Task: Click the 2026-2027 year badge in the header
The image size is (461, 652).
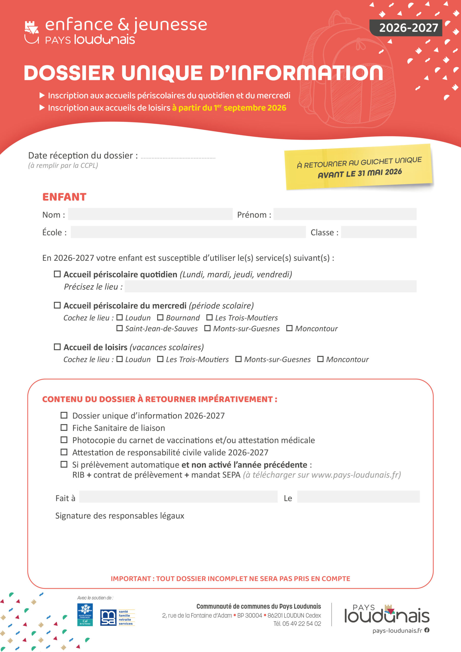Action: (x=406, y=28)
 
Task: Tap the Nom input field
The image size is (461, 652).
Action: (x=150, y=214)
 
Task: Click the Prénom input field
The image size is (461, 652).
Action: (x=345, y=214)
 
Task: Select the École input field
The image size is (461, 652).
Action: (x=188, y=232)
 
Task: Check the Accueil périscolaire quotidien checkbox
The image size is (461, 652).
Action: (x=57, y=274)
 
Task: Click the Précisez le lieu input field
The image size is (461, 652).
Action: (x=270, y=286)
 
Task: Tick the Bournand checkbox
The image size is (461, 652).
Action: (x=160, y=318)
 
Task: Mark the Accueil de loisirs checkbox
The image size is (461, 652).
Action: (x=57, y=347)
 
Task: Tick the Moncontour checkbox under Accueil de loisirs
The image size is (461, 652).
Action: (x=320, y=359)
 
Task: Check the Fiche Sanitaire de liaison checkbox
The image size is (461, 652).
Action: (x=64, y=428)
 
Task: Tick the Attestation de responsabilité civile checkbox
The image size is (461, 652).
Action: (x=64, y=452)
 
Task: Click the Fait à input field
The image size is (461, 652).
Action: (x=178, y=497)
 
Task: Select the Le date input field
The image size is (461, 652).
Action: (x=358, y=497)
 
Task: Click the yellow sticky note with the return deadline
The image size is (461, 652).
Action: (x=359, y=167)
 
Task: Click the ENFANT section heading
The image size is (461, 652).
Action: (x=64, y=197)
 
